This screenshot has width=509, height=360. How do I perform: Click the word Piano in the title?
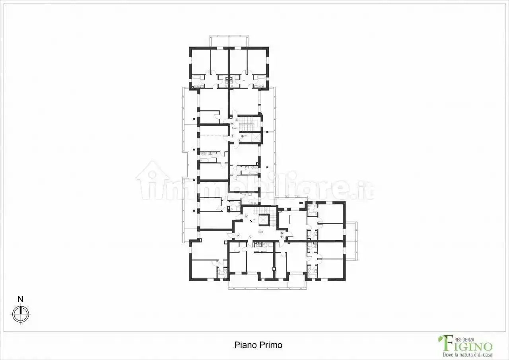coord(243,345)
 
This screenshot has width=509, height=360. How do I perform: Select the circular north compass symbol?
coord(20,314)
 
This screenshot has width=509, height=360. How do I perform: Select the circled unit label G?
coord(237,119)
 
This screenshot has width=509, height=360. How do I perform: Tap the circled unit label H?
coord(232,124)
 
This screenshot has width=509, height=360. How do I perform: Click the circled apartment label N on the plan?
coord(238,235)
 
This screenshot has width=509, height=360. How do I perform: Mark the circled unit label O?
coord(250,236)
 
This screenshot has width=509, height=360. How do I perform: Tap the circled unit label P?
coord(282,237)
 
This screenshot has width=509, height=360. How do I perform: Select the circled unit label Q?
coord(282,233)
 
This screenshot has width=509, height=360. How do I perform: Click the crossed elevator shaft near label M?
coord(263,220)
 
